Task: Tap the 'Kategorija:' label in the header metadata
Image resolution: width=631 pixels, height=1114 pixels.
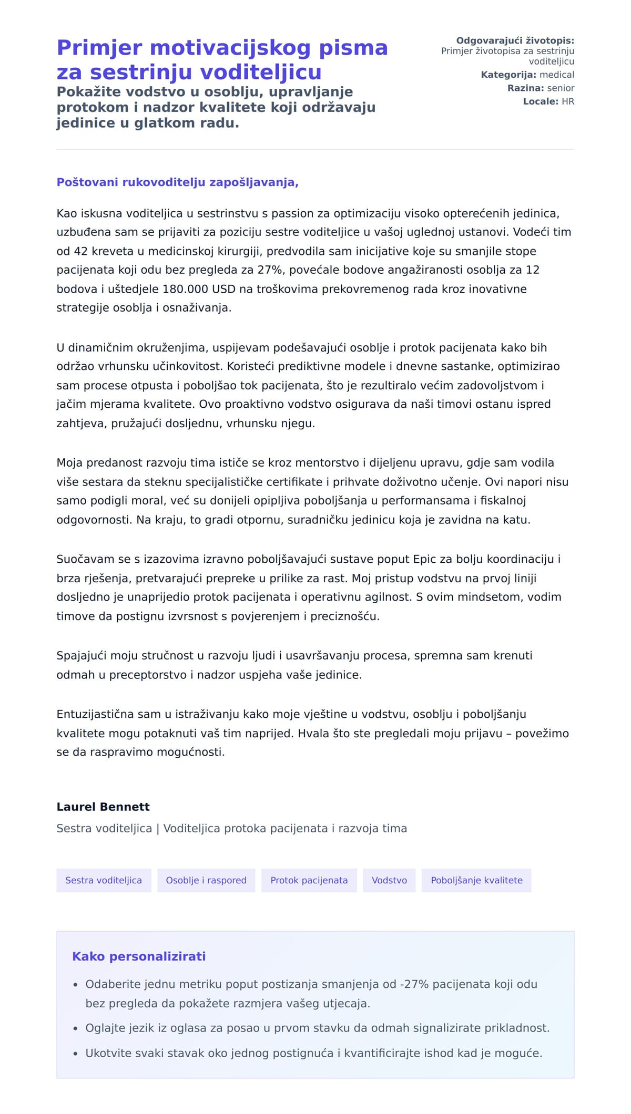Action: tap(508, 75)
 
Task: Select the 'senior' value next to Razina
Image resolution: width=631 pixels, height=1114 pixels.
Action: tap(561, 88)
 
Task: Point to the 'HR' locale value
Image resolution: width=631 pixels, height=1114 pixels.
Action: tap(568, 101)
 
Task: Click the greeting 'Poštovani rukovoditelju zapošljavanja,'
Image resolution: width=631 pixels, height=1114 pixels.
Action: tap(178, 182)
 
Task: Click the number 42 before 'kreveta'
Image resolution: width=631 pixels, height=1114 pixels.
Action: tap(81, 251)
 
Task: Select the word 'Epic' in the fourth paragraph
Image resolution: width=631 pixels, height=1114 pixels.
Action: tap(424, 559)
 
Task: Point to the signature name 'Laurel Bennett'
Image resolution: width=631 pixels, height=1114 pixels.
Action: tap(103, 807)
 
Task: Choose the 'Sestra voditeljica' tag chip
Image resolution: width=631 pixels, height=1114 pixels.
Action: tap(104, 880)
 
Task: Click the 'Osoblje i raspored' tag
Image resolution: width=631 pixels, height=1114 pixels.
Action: tap(206, 880)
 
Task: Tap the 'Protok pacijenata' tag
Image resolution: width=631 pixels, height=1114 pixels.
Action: tap(309, 880)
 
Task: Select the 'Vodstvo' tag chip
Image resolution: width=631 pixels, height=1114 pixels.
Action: tap(389, 880)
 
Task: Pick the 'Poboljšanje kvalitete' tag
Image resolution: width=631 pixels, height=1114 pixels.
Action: tap(476, 880)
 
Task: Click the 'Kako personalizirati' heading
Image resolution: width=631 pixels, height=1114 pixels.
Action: tap(139, 956)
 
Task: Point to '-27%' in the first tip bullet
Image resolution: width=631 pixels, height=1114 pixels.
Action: tap(415, 984)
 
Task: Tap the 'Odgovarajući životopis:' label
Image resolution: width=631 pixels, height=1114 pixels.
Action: tap(515, 40)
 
